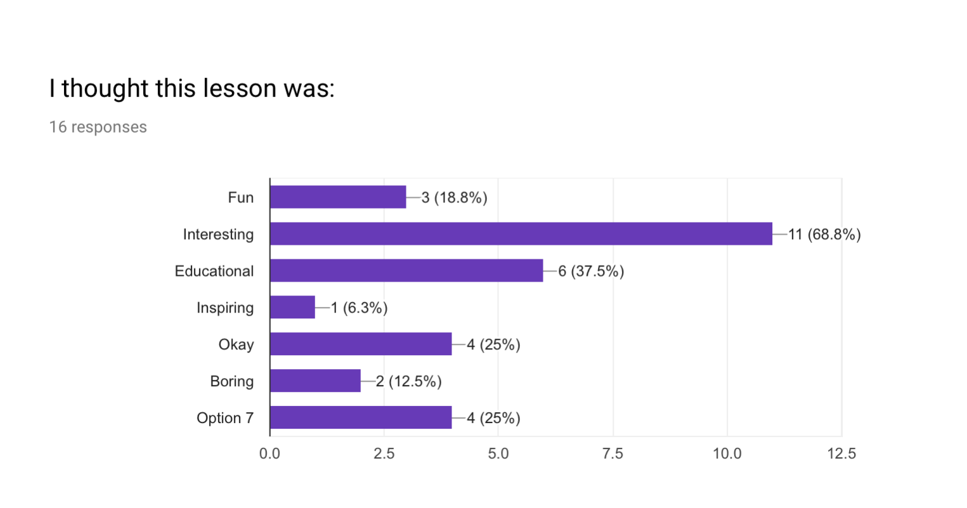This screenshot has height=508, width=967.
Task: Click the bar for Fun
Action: [x=338, y=197]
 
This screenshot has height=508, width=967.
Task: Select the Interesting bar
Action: [x=521, y=234]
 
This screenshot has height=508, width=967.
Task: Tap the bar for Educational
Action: [x=406, y=271]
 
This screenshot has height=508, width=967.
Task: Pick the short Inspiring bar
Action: [x=292, y=308]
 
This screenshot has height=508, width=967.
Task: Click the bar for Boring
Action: [x=315, y=381]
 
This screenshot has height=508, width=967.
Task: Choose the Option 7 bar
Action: [x=361, y=418]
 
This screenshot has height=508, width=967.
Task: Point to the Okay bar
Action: [x=361, y=344]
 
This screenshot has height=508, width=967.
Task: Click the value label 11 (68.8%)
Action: [x=824, y=235]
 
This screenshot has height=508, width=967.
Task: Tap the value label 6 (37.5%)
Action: [x=591, y=271]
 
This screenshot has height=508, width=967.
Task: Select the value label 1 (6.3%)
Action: [x=359, y=308]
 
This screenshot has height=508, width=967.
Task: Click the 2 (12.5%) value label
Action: [x=408, y=382]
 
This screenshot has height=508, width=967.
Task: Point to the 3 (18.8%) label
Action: [x=454, y=198]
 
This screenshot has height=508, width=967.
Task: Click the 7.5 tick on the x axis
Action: [x=613, y=453]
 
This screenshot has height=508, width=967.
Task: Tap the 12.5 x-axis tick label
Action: [x=841, y=453]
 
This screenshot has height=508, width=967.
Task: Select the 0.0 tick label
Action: [x=269, y=453]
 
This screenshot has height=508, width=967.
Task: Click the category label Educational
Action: [x=214, y=271]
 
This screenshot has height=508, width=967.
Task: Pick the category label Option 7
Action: [x=225, y=419]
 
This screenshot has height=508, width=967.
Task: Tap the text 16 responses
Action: [x=98, y=127]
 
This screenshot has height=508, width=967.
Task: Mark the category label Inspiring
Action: [x=225, y=308]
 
